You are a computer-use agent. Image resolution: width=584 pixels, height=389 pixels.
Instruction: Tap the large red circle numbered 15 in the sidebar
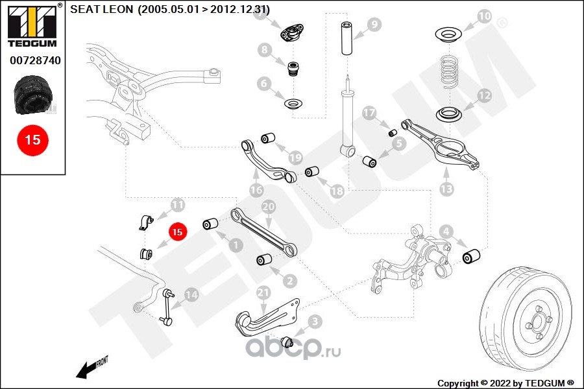32,139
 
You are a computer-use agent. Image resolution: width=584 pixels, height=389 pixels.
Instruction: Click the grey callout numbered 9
374,25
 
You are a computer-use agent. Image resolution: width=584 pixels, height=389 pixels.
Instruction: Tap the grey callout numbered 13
446,189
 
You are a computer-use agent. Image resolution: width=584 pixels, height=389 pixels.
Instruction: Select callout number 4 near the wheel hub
446,231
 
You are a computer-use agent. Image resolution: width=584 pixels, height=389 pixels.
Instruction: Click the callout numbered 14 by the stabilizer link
191,294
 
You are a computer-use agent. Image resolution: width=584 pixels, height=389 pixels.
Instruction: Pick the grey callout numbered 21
263,293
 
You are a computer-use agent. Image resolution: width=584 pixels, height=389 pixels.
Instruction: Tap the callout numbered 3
314,321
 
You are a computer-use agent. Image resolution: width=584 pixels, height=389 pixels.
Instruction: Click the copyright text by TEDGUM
505,383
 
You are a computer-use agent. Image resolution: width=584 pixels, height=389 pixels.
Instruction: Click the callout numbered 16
256,190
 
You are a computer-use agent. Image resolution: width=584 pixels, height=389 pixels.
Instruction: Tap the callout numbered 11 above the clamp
177,205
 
